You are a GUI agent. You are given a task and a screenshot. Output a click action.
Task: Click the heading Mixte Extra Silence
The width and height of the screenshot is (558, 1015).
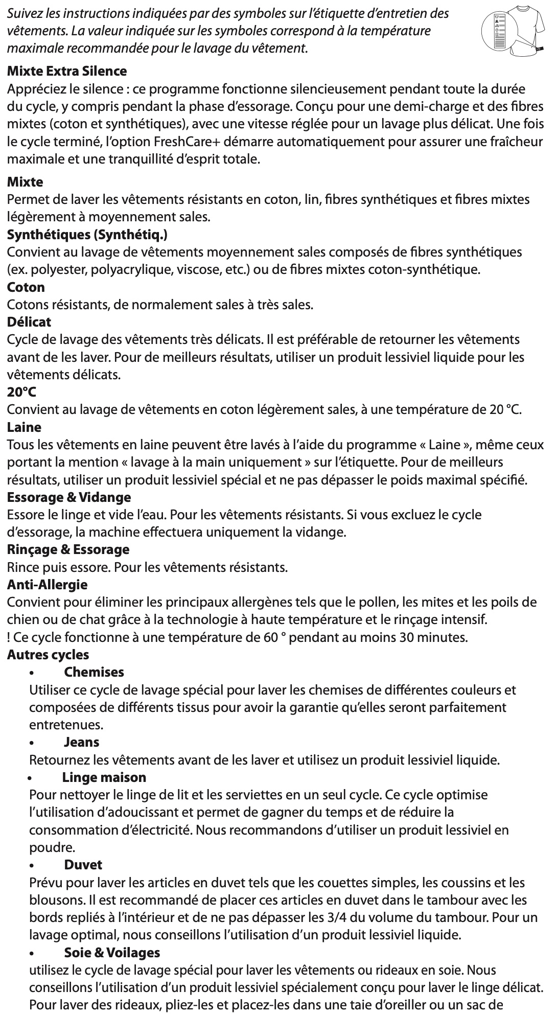tap(67, 71)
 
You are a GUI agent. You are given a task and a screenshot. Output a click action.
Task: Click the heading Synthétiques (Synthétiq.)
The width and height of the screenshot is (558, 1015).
tap(87, 235)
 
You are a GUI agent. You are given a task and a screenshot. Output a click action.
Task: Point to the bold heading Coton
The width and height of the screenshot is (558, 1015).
tap(26, 287)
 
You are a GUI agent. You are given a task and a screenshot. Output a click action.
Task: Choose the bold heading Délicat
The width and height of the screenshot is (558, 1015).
tap(29, 322)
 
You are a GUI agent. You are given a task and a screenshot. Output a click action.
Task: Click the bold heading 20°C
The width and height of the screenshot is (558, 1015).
tap(22, 393)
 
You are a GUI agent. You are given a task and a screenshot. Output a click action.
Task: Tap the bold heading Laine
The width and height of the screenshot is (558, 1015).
tap(24, 427)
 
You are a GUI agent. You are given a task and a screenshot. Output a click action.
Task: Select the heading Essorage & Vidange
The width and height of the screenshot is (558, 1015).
tap(69, 497)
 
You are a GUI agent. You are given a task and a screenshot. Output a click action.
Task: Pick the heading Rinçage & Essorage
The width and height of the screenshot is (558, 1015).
tap(68, 549)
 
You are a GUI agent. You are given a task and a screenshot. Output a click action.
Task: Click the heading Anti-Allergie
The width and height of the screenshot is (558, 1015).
tap(47, 584)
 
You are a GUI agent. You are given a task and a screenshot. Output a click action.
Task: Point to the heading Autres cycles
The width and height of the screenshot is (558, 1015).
tap(48, 655)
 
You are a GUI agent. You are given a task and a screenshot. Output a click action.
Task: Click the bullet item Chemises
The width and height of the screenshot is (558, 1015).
tap(94, 672)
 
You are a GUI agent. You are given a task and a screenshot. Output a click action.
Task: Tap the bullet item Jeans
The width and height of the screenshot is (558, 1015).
tap(82, 742)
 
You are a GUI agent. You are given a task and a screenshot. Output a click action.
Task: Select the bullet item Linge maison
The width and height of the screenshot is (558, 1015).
tap(104, 777)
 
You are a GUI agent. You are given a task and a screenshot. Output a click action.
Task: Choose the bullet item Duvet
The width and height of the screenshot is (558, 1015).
tap(83, 865)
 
